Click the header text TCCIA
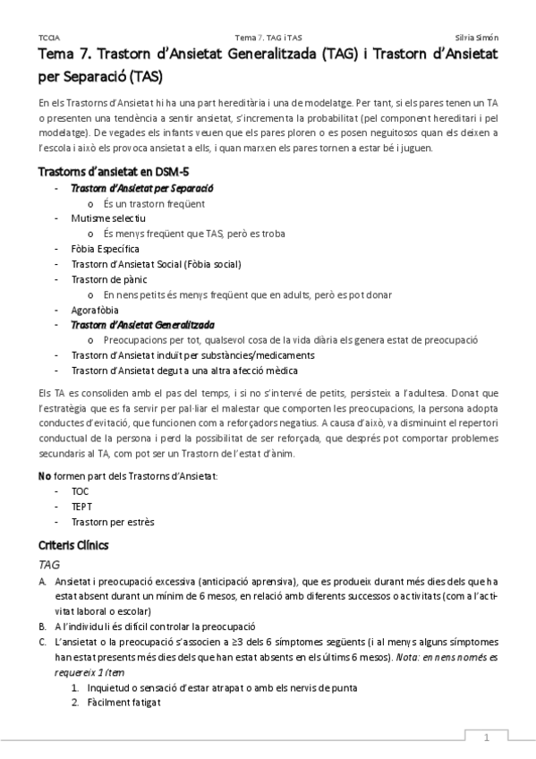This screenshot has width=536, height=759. point(49,37)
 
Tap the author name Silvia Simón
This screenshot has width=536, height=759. point(478,37)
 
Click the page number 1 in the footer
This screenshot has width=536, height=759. point(486,738)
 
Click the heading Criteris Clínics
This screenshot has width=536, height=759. point(73,544)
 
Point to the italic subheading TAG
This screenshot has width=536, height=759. point(50,566)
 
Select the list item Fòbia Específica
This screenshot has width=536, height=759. point(105,248)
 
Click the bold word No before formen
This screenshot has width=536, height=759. point(46,476)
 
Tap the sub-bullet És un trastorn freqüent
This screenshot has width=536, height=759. point(154,203)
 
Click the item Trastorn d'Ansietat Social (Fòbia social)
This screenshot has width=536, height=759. point(156,263)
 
